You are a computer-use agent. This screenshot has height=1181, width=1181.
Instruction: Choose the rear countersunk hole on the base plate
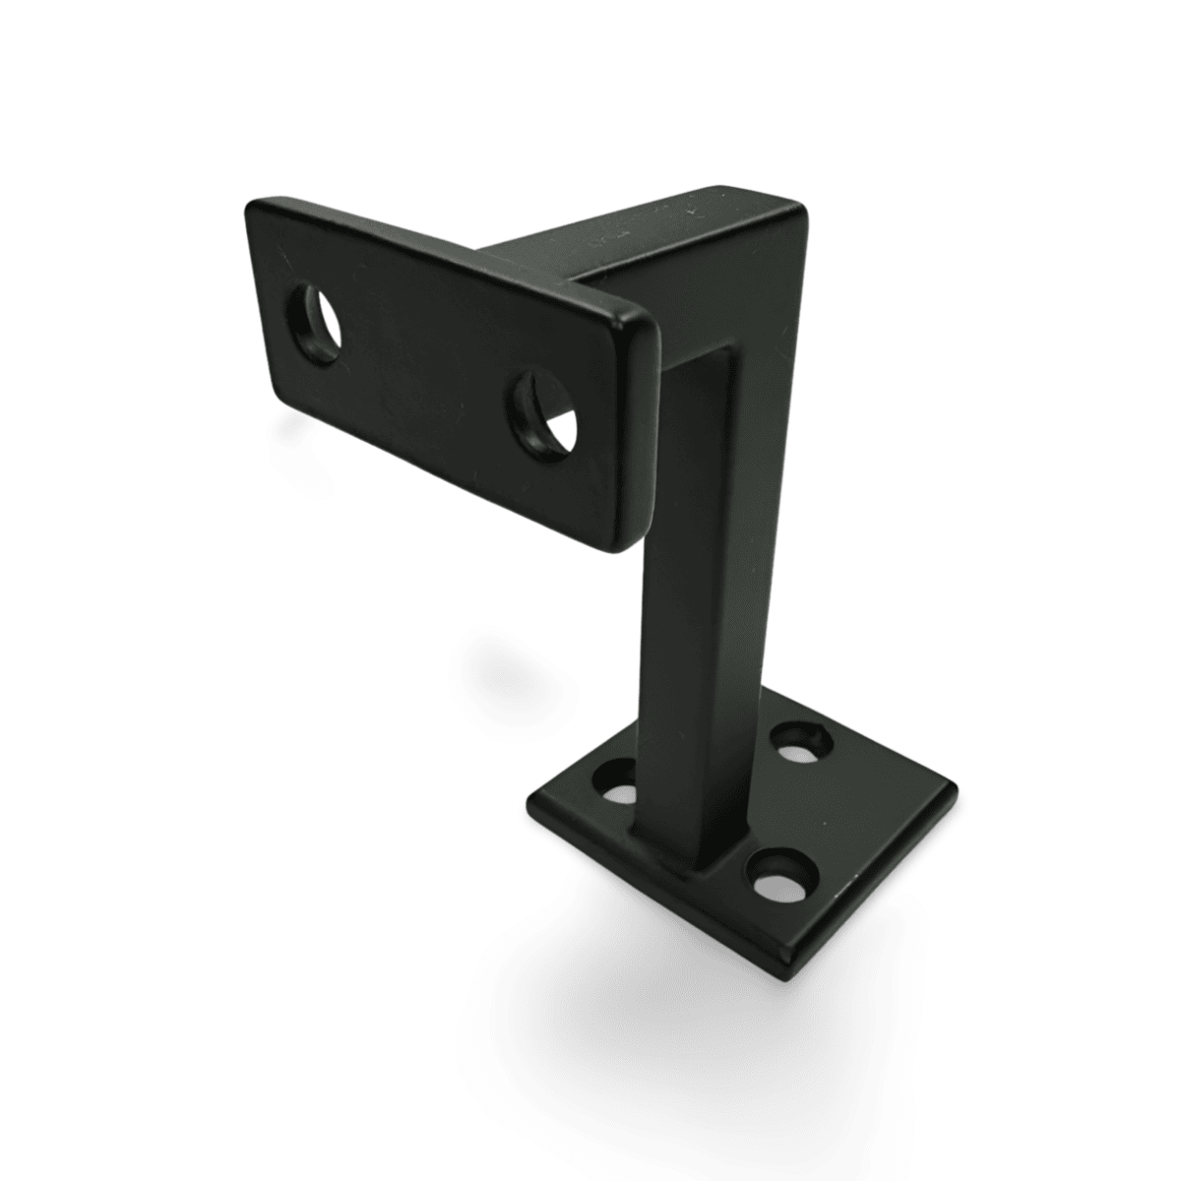pos(800,739)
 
